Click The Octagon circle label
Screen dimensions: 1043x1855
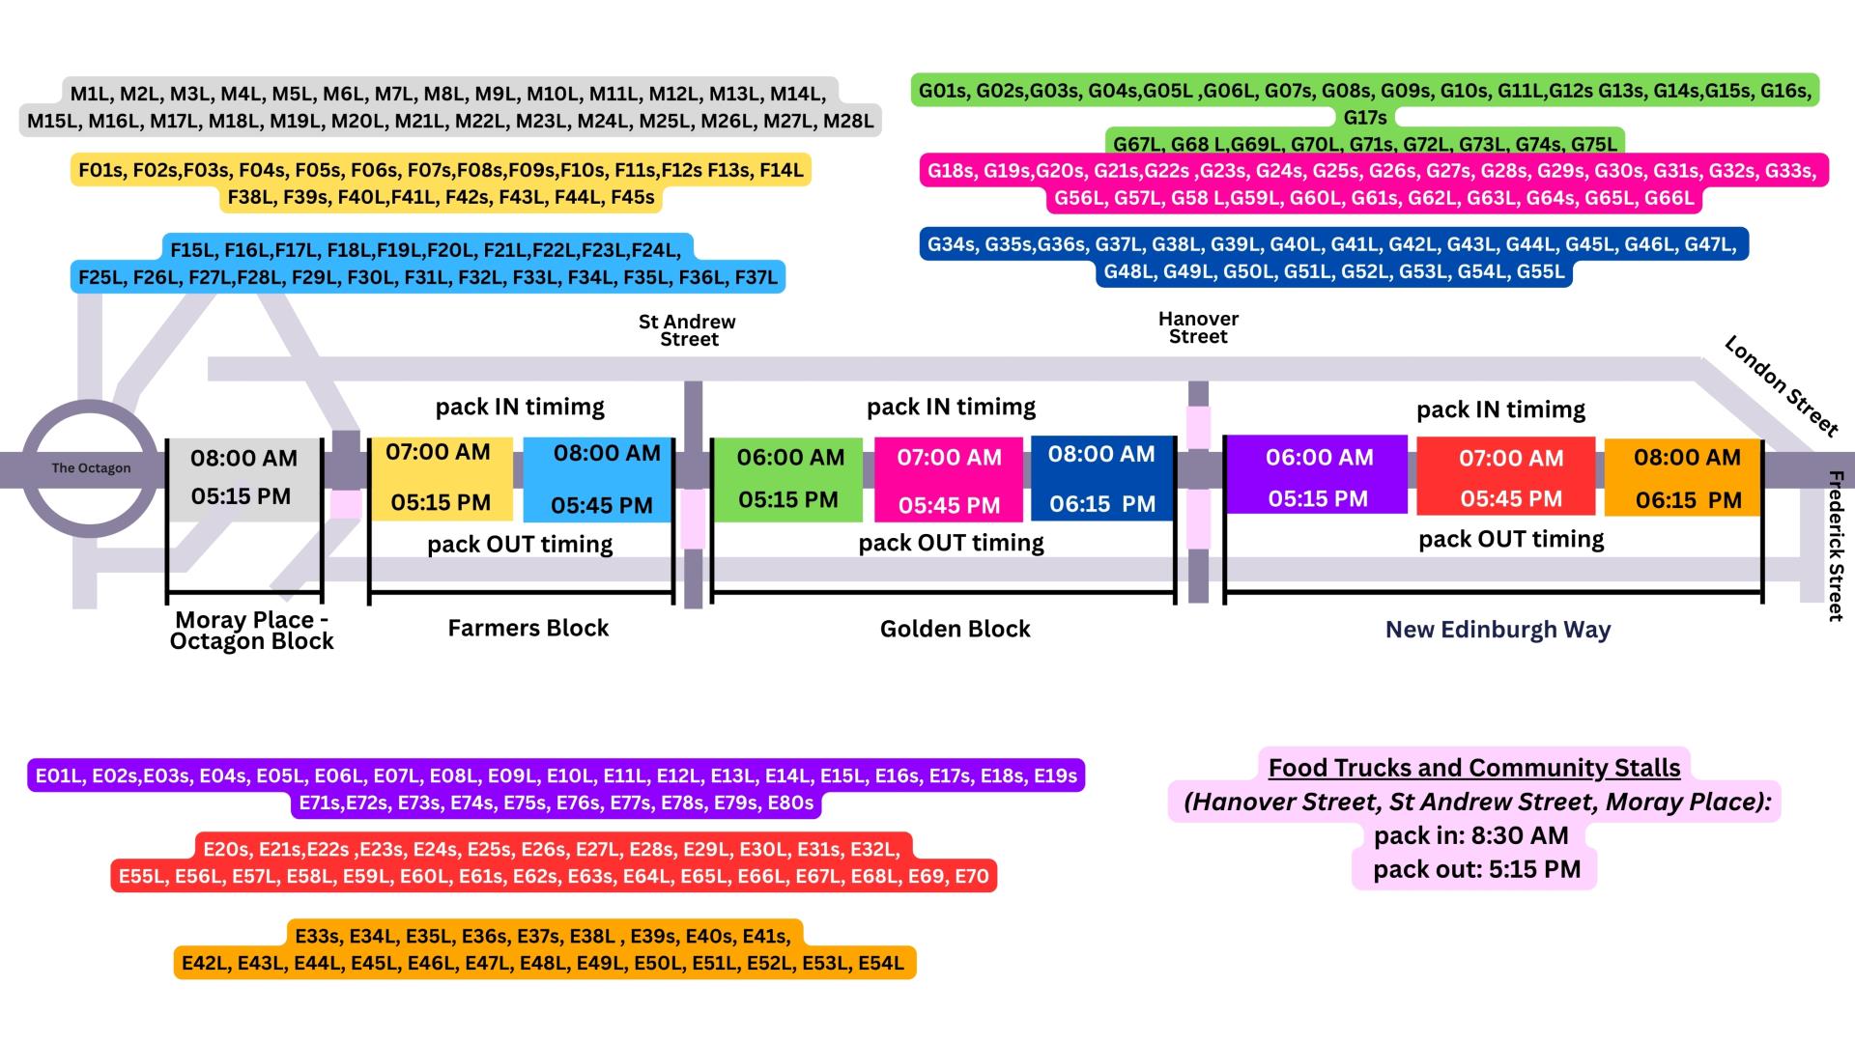91,468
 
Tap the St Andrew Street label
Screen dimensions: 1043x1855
687,330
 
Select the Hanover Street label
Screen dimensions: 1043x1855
1198,327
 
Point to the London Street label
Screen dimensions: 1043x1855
1781,385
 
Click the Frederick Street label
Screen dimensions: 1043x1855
1836,546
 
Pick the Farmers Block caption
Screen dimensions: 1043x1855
528,628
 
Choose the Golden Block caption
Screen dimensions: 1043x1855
955,629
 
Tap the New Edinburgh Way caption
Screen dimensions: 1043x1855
1498,630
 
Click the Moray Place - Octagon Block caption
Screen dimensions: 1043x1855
251,631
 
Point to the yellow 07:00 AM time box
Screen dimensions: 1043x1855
441,477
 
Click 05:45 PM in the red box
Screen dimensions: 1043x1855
1511,499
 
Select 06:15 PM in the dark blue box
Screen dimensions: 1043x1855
1102,504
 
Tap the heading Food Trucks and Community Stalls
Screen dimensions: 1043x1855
1473,768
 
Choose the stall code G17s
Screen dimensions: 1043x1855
1364,118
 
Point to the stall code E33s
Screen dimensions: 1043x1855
317,936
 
